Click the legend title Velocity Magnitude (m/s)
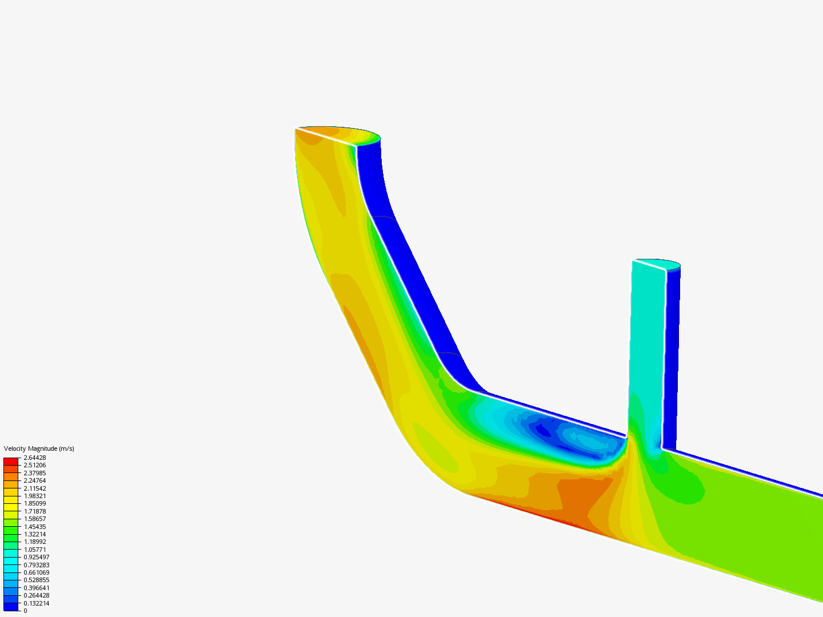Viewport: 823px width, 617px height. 39,448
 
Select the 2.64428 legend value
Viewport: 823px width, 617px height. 34,458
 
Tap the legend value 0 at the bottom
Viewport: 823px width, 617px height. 25,611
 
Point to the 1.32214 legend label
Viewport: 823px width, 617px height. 34,534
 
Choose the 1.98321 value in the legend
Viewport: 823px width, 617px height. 34,496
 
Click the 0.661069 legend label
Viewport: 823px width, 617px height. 36,572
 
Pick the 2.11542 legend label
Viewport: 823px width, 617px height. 34,488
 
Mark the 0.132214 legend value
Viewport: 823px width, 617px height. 36,603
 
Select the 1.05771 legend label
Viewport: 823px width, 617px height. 34,550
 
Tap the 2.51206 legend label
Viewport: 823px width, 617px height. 34,465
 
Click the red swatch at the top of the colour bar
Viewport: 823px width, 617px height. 11,461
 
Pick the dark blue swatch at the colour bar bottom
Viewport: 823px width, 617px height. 11,607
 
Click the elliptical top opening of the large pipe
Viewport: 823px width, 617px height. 337,134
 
